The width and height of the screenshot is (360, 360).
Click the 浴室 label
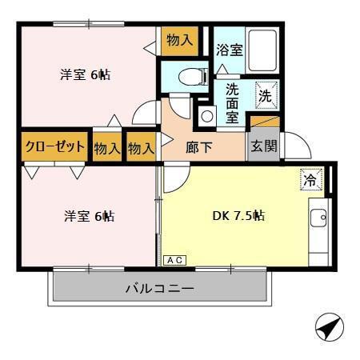pos(230,50)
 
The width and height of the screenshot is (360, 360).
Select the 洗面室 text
pos(231,102)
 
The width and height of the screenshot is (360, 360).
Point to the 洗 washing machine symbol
pos(266,94)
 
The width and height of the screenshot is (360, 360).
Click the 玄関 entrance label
pos(263,147)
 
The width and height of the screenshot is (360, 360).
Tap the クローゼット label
pos(54,147)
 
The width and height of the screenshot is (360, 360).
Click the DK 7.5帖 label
pos(238,215)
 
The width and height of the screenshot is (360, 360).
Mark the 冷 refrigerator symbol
pos(310,181)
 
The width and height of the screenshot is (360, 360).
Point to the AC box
pos(174,260)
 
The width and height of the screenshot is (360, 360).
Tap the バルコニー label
pos(158,290)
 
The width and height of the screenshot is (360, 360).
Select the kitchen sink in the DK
pos(318,216)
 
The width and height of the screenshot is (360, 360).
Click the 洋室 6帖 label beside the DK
pos(89,216)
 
